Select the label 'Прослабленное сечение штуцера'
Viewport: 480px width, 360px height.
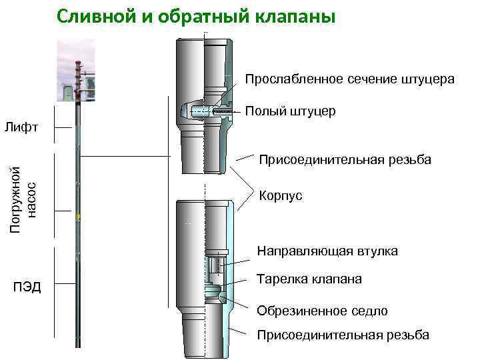349,79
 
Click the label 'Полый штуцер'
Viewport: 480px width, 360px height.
290,111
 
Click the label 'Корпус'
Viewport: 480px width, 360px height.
280,195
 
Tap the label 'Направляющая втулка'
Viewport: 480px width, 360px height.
327,251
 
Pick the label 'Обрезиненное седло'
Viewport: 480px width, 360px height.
322,311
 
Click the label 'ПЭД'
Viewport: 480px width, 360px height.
27,287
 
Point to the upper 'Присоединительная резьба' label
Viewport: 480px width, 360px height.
345,160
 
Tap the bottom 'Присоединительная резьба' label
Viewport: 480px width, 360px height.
343,335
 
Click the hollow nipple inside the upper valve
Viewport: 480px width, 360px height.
203,111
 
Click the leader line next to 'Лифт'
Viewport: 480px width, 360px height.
63,127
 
